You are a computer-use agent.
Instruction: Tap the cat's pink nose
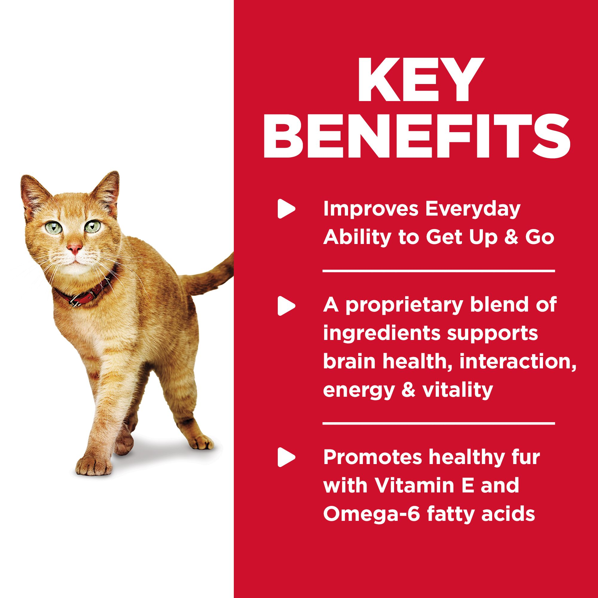pyautogui.click(x=75, y=248)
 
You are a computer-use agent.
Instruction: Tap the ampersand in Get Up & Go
pyautogui.click(x=505, y=238)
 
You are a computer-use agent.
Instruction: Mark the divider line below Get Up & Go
pyautogui.click(x=438, y=271)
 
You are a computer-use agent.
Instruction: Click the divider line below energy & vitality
pyautogui.click(x=438, y=423)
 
